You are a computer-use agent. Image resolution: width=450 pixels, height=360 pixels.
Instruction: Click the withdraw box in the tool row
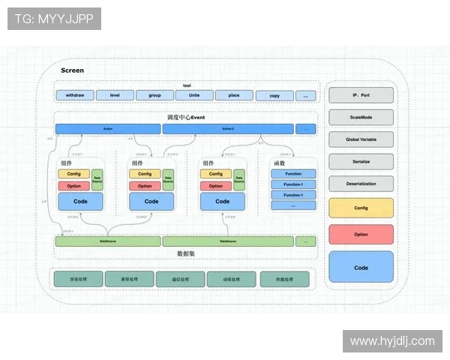74,95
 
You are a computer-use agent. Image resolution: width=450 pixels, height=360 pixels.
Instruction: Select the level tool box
115,95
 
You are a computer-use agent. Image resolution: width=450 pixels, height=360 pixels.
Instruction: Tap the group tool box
154,95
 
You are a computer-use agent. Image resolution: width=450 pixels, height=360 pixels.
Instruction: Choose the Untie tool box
194,95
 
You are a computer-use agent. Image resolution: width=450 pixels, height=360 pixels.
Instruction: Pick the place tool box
234,95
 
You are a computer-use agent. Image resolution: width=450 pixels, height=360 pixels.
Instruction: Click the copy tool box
274,96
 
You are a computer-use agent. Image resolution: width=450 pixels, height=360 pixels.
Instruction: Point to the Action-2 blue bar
228,129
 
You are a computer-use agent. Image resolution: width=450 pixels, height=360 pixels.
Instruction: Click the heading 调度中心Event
186,118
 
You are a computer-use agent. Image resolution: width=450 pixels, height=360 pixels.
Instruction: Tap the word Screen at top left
72,70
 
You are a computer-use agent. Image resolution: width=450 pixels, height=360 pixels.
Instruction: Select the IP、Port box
361,95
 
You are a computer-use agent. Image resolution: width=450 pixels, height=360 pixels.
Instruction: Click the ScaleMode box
361,118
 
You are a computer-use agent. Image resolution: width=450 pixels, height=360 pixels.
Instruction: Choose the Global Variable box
361,139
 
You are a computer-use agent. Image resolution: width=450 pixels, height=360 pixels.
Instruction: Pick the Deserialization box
361,183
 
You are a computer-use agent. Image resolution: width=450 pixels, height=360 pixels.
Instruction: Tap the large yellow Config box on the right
361,208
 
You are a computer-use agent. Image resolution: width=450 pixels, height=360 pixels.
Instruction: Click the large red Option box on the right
361,234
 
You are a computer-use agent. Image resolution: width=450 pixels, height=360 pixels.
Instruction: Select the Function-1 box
293,184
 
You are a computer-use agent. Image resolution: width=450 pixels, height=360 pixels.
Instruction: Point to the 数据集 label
186,253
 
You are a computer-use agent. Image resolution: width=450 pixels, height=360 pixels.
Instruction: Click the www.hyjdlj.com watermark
392,340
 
